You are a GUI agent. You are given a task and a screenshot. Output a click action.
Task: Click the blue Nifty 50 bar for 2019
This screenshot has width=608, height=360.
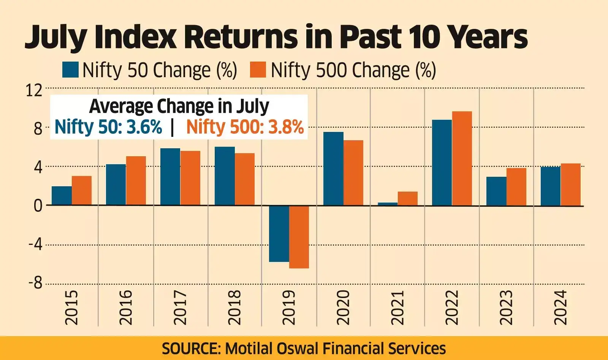click(x=279, y=233)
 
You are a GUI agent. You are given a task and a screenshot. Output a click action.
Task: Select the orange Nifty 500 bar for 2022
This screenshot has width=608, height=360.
click(x=462, y=158)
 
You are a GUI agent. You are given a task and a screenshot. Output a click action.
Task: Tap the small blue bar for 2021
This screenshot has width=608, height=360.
click(x=388, y=204)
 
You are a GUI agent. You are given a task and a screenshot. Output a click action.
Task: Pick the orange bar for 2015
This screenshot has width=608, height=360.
click(x=82, y=190)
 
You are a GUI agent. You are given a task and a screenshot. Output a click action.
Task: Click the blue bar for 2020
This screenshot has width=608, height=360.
click(x=333, y=168)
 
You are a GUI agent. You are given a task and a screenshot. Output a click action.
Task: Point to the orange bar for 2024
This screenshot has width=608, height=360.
click(x=571, y=184)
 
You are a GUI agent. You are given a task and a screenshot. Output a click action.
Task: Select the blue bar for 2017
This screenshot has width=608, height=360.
click(x=170, y=176)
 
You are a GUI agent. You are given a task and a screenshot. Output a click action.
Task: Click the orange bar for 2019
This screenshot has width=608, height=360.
click(x=299, y=236)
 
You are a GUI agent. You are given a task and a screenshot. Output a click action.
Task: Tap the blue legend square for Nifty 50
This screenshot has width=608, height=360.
click(x=70, y=70)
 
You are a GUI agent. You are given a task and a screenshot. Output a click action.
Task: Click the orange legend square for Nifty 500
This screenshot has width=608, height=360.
click(x=258, y=70)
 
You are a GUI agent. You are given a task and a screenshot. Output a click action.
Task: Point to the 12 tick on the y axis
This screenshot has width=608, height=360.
click(x=34, y=90)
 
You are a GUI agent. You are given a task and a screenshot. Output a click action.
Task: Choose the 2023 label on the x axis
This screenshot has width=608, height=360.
click(x=506, y=307)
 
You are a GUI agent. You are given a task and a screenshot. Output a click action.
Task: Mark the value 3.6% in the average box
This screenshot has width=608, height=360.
click(x=144, y=127)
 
